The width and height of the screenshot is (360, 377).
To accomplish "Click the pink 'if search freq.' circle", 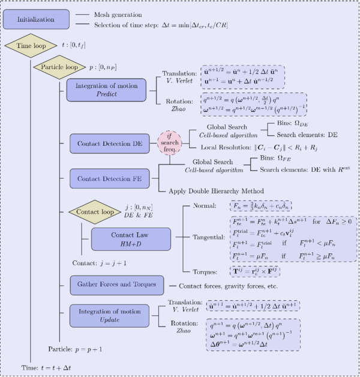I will pos(169,145).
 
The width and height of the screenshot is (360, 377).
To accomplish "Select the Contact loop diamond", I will pos(91,213).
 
